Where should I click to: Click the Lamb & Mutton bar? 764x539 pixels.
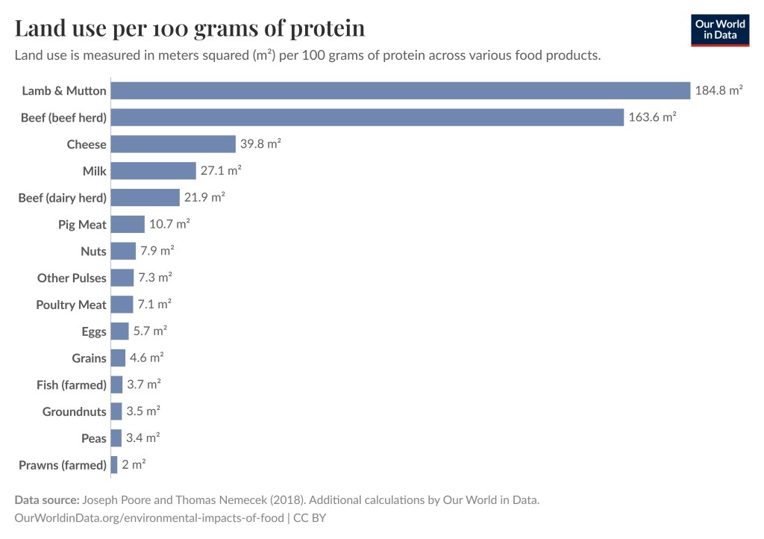click(x=400, y=90)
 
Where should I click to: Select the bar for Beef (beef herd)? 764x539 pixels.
click(x=367, y=117)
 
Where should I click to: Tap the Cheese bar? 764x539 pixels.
click(x=173, y=144)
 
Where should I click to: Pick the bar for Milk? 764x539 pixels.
click(x=153, y=171)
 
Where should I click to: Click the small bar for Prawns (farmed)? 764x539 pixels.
click(x=114, y=465)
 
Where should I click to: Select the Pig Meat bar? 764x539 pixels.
click(x=128, y=224)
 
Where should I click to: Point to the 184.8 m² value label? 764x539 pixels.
click(x=718, y=90)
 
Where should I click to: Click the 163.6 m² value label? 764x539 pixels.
click(x=652, y=117)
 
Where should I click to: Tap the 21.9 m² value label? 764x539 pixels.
click(x=204, y=198)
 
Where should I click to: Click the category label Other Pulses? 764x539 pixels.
click(x=72, y=278)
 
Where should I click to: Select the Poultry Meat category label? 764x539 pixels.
click(x=72, y=305)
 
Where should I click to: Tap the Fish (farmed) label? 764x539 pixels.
click(x=72, y=385)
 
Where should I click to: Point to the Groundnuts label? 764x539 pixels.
click(x=75, y=411)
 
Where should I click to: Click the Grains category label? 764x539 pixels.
click(x=89, y=358)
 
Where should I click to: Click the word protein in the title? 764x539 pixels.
click(x=322, y=28)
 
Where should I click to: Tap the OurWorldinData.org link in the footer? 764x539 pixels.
click(x=149, y=517)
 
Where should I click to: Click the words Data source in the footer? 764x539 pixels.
click(x=46, y=499)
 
